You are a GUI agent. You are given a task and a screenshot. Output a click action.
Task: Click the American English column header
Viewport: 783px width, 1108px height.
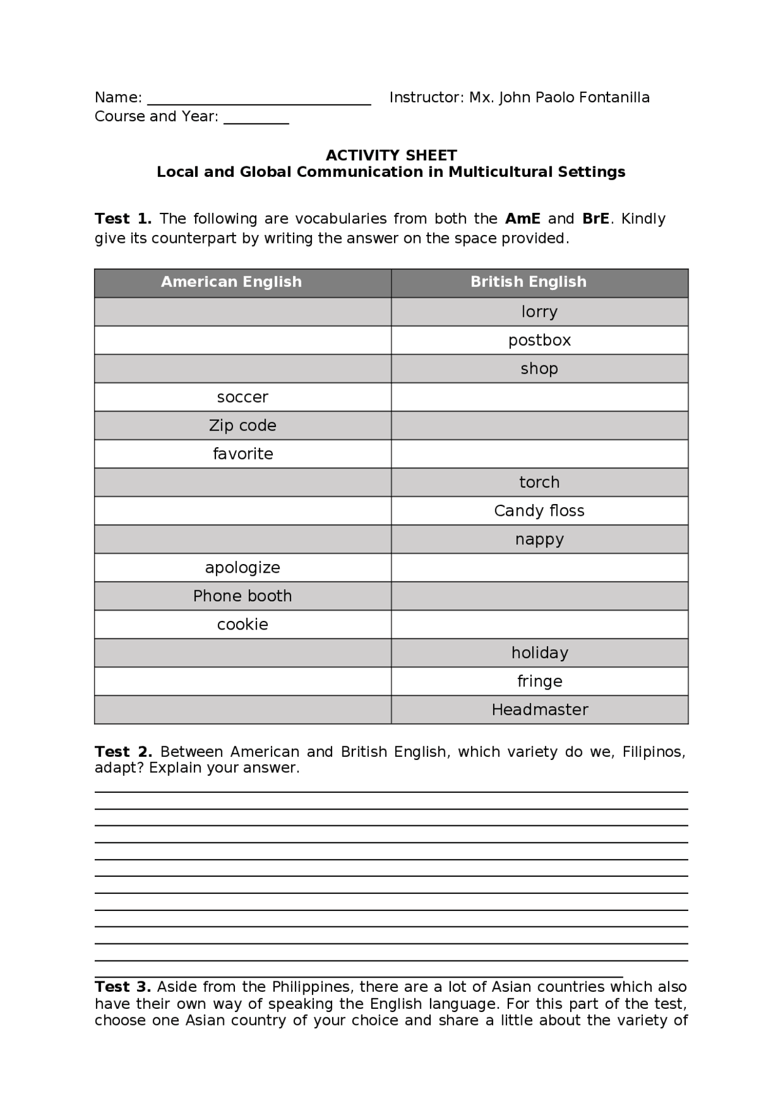pos(231,282)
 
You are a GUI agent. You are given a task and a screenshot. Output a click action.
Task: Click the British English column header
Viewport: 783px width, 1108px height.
pos(528,282)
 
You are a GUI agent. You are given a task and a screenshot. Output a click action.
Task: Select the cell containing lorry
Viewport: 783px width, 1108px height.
pos(539,312)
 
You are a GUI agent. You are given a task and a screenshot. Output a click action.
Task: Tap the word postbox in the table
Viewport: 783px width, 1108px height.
pos(539,340)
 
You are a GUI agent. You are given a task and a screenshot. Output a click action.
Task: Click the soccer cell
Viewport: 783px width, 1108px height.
pos(242,397)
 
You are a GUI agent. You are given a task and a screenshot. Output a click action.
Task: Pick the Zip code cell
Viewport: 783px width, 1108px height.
pos(242,425)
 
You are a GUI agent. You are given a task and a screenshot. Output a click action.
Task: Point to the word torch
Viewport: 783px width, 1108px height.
pos(539,482)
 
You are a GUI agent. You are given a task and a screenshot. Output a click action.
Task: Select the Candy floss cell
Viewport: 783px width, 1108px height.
pos(539,511)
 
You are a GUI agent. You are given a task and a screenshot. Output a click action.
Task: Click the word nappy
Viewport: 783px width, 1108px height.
pos(539,539)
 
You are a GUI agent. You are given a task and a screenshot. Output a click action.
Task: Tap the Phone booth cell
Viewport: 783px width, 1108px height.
pos(242,596)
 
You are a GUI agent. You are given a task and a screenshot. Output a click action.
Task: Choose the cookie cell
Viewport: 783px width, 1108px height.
pos(242,624)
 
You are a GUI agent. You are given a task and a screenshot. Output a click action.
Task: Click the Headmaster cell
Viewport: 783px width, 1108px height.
pos(539,710)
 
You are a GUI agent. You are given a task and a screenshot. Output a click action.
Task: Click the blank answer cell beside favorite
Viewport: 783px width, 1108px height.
pos(539,454)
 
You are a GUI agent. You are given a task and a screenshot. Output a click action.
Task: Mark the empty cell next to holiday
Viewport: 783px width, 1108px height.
pos(242,653)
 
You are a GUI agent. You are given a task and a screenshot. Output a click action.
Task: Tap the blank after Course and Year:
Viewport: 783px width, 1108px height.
pos(256,118)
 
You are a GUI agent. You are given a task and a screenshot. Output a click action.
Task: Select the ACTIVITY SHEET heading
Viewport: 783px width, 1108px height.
pos(391,155)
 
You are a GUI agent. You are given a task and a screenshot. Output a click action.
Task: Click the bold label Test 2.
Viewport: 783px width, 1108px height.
pos(123,752)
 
